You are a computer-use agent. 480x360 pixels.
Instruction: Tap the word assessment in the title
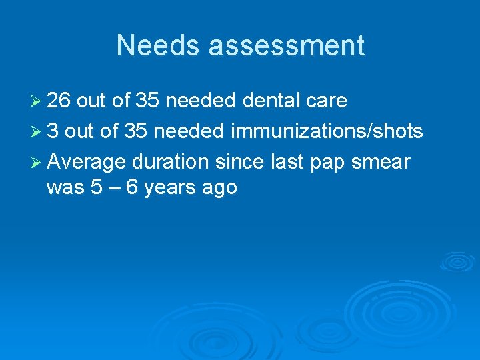coord(288,46)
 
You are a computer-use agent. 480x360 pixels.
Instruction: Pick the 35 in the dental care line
coord(147,101)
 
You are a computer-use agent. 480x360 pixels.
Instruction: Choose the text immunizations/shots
coord(327,131)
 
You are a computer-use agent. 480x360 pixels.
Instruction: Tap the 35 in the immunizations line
coord(135,131)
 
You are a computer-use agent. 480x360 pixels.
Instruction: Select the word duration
coord(173,162)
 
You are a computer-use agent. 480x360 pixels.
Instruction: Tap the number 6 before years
coord(132,187)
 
